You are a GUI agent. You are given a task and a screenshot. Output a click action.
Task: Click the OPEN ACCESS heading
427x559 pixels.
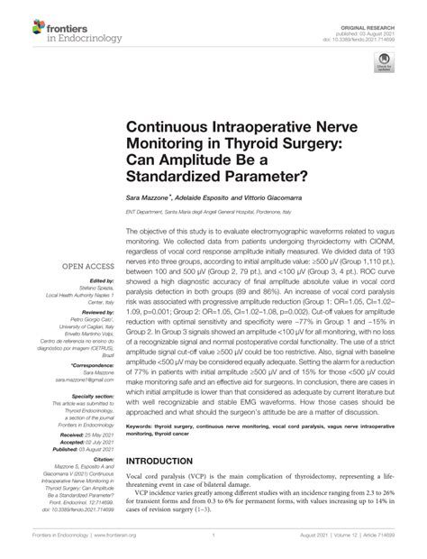point(86,266)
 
